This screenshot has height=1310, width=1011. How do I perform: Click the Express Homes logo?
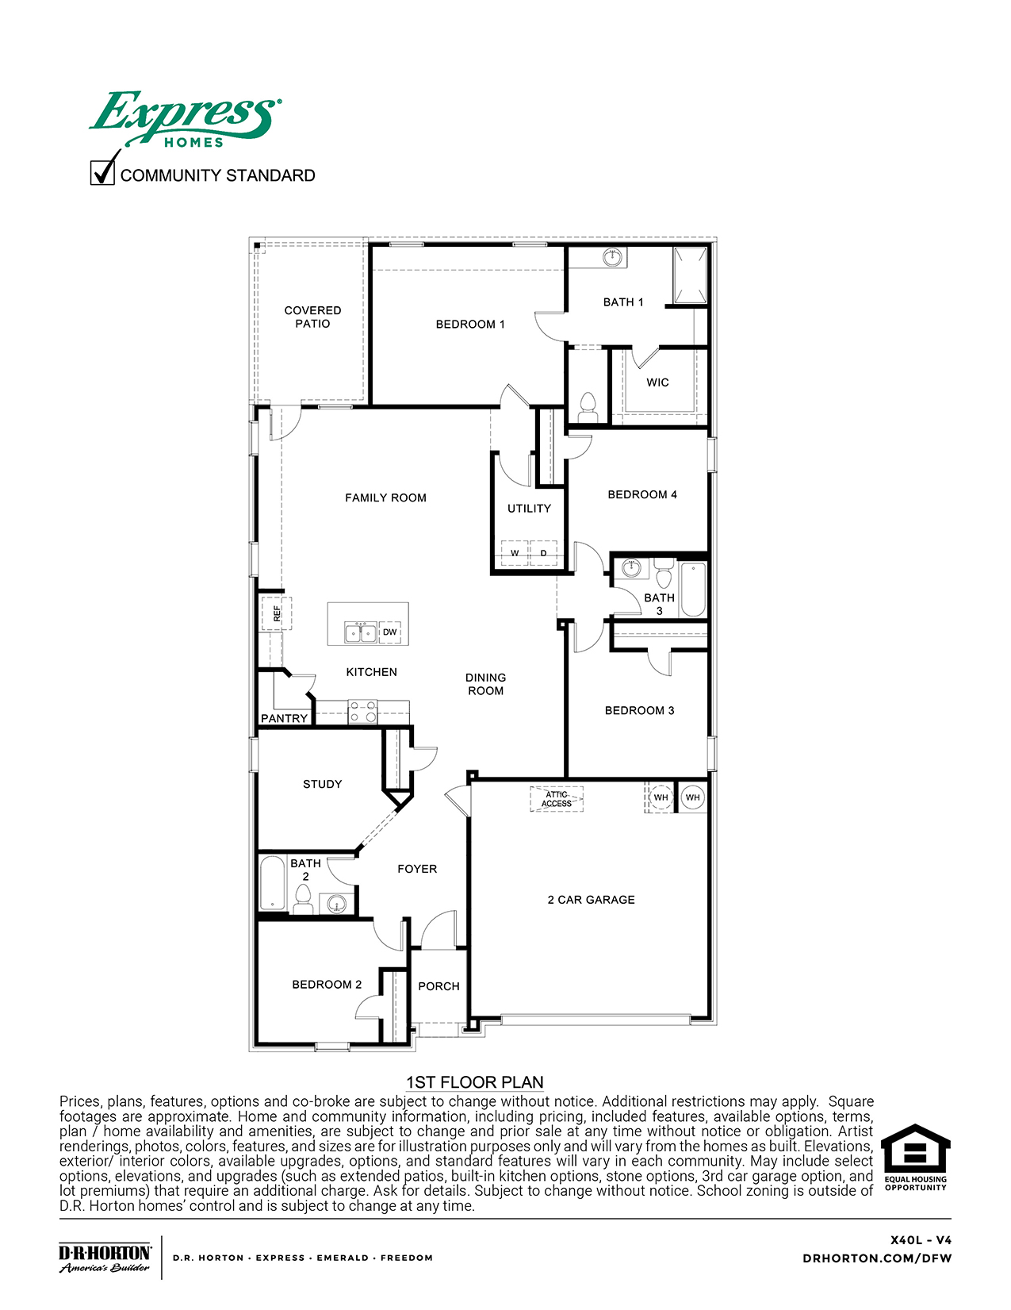pos(185,120)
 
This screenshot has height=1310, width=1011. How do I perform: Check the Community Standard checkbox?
pos(102,172)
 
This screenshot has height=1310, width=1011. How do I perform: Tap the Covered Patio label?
pos(312,317)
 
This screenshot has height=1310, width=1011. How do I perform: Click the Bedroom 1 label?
pos(470,324)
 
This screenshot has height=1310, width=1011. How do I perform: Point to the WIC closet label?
pos(657,382)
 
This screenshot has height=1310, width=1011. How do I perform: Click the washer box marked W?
pos(515,553)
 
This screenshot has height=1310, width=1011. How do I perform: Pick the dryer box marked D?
pos(544,553)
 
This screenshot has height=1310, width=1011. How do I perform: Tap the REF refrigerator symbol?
pos(277,613)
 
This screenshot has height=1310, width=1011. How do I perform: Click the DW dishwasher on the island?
pos(390,632)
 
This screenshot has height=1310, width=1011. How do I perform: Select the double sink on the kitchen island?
pos(361,632)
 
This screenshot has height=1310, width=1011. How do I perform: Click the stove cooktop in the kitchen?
pos(363,712)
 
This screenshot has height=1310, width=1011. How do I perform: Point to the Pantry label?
pos(284,718)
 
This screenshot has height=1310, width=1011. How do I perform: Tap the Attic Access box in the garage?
pos(557,799)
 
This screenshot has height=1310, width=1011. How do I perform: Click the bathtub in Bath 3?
pos(693,590)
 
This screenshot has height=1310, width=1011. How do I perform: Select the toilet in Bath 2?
pos(303,900)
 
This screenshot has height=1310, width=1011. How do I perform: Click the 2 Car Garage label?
pos(591,900)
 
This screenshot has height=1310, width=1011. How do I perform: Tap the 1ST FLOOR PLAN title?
pos(474,1082)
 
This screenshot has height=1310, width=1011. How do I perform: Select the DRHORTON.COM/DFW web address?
pos(877,1258)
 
